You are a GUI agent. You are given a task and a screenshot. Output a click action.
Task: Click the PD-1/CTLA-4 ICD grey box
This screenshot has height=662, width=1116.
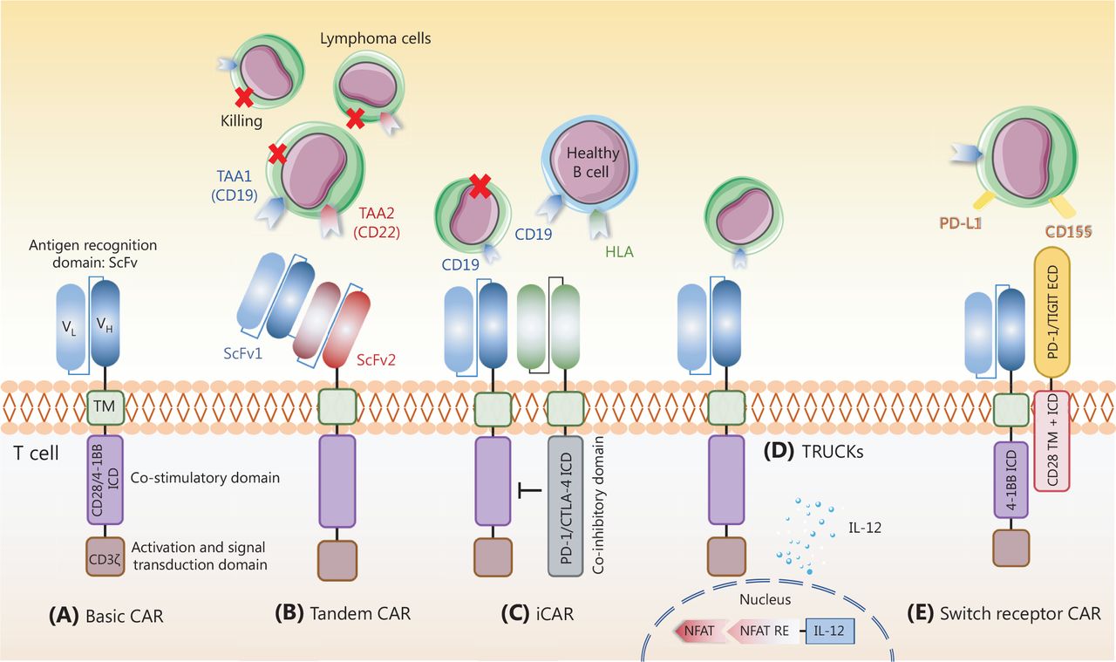[565, 505]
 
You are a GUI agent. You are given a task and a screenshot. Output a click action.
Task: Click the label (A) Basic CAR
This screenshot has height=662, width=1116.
[105, 615]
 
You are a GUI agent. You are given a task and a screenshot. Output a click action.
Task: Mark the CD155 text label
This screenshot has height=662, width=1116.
[1073, 231]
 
